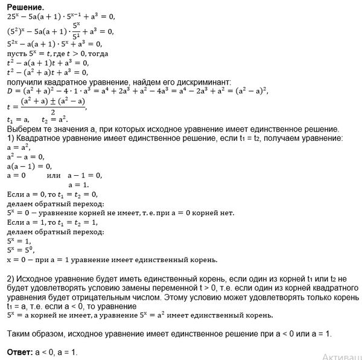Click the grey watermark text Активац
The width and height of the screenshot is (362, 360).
coord(341,356)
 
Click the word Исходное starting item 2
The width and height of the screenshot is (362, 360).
coord(34,280)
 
